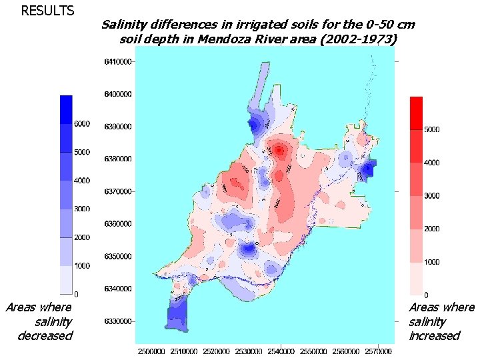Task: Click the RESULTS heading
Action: click(x=47, y=11)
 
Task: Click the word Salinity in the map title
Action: click(x=124, y=25)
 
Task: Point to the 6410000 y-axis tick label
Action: click(x=116, y=62)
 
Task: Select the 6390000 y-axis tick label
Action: click(x=116, y=127)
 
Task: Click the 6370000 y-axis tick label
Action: click(x=116, y=192)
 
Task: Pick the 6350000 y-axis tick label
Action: click(x=116, y=257)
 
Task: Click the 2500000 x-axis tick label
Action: click(x=152, y=350)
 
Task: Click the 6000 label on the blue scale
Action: click(x=82, y=124)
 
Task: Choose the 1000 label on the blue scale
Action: click(x=82, y=266)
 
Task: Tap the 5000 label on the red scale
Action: click(x=433, y=129)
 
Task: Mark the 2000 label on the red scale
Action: click(x=433, y=229)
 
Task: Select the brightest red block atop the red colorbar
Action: click(x=415, y=112)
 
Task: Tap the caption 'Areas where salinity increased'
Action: click(x=441, y=321)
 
